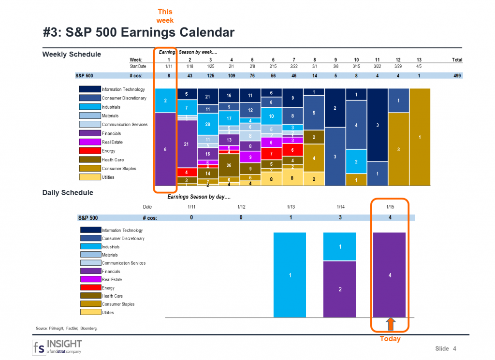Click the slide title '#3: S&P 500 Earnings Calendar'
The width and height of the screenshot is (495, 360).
point(139,32)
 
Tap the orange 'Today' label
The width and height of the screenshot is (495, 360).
point(390,339)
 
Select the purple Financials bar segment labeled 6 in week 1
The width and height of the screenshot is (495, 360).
point(165,149)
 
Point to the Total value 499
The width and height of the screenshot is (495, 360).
point(457,76)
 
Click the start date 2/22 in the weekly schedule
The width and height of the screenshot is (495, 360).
point(294,66)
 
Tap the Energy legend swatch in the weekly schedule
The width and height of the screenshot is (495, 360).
point(90,151)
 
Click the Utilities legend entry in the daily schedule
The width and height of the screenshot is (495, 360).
point(107,313)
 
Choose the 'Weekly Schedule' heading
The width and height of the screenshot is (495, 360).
point(72,54)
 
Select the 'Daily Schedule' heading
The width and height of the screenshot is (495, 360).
point(68,192)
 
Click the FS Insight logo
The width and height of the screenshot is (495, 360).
point(57,347)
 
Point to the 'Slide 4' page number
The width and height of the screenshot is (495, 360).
point(445,349)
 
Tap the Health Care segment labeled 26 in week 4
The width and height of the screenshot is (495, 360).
point(229,165)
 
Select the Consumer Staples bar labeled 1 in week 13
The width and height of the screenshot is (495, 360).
point(420,137)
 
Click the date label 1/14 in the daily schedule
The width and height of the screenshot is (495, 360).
point(340,207)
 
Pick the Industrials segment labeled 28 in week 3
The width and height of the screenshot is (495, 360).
point(207,124)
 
